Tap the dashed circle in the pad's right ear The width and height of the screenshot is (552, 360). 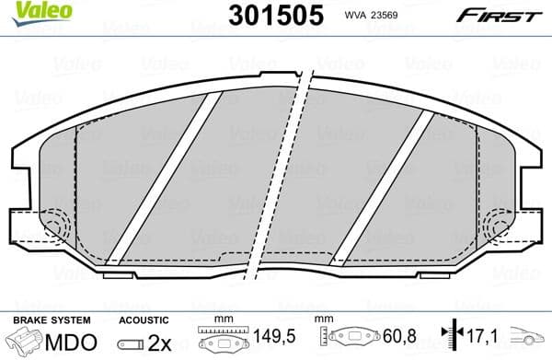coord(500,224)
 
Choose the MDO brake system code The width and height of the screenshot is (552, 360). coord(72,342)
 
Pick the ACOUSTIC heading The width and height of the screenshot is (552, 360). coord(144,319)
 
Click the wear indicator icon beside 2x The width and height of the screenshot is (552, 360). coord(131,343)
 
